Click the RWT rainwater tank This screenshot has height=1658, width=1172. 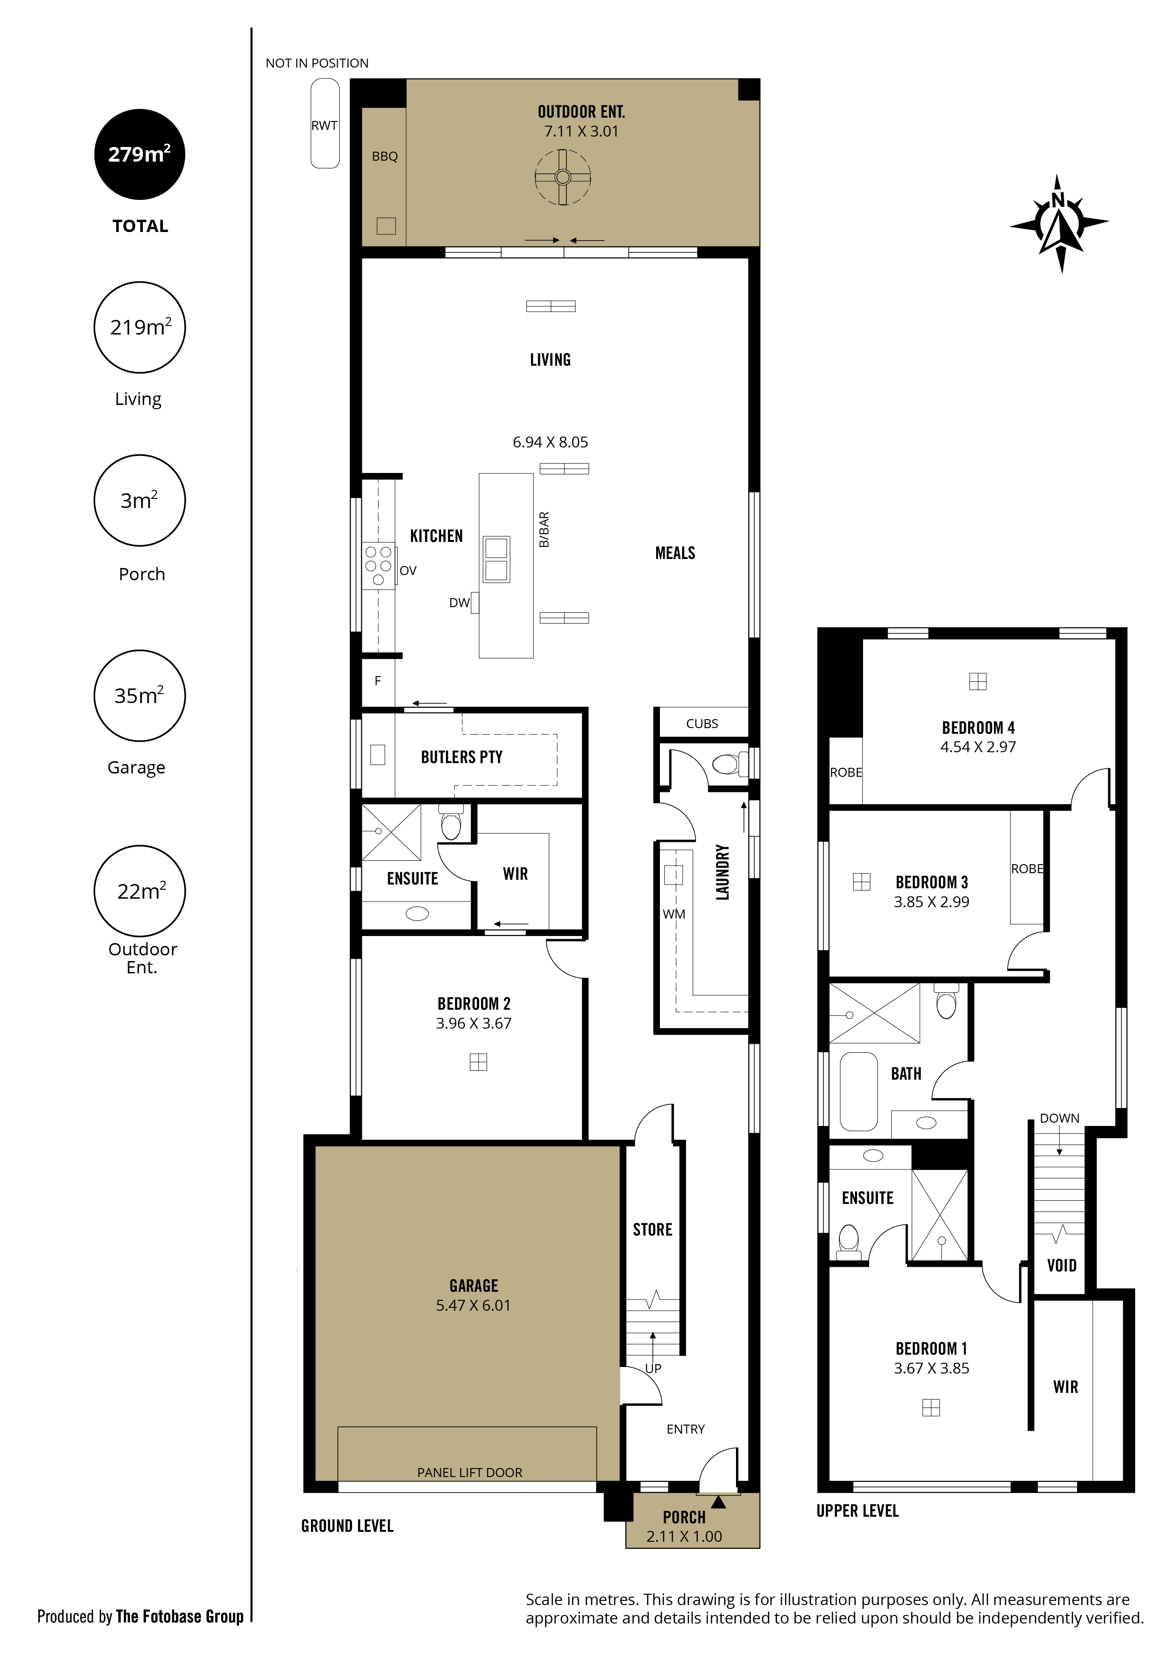pyautogui.click(x=325, y=123)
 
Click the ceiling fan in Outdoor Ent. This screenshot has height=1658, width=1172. pyautogui.click(x=563, y=177)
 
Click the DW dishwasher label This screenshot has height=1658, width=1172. pyautogui.click(x=459, y=603)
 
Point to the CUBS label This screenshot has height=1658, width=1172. pyautogui.click(x=702, y=723)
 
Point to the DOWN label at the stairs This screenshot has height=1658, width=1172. pyautogui.click(x=1060, y=1118)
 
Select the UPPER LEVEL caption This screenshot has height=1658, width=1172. pyautogui.click(x=857, y=1512)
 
